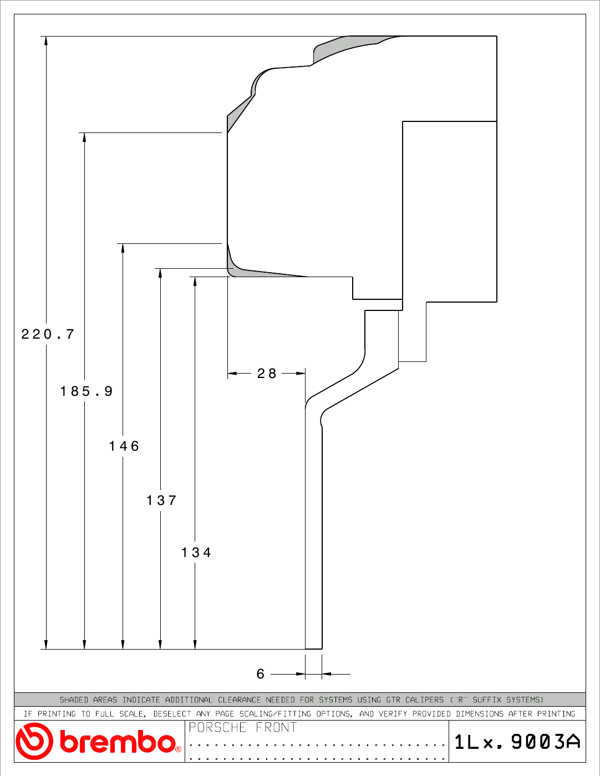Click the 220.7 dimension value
[x=48, y=334]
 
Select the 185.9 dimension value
[x=87, y=391]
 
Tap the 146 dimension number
[x=124, y=446]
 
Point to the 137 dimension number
[x=161, y=501]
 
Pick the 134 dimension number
[x=196, y=553]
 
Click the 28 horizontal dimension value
[x=267, y=374]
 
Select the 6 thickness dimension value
[x=261, y=674]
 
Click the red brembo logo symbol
[x=34, y=741]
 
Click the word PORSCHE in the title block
[x=217, y=727]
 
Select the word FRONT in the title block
[x=276, y=727]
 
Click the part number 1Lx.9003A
[x=517, y=742]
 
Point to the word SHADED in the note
[x=73, y=700]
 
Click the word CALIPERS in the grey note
[x=424, y=700]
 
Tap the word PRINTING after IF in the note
[x=57, y=714]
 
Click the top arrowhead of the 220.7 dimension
[x=45, y=40]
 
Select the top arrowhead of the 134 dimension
[x=195, y=282]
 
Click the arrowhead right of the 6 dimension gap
[x=327, y=674]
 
